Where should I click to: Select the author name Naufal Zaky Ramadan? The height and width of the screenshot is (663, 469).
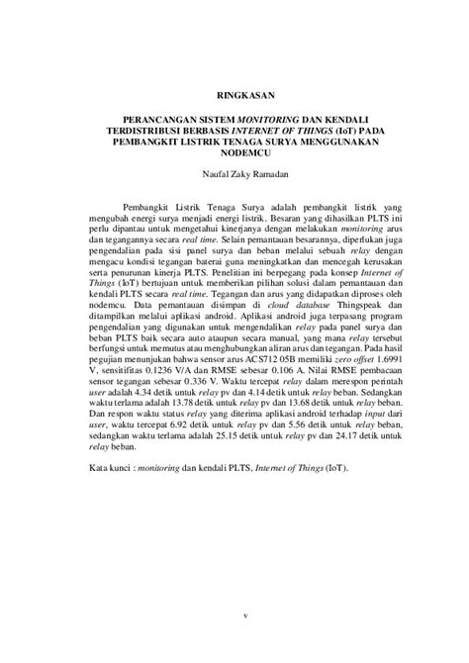[234, 174]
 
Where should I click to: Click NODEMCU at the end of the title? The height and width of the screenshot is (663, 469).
[234, 150]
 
